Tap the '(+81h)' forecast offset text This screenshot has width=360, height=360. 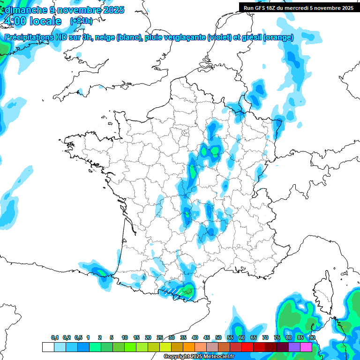click(x=81, y=21)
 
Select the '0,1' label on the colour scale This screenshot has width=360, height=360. click(x=54, y=337)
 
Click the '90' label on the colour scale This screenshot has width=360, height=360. click(x=312, y=337)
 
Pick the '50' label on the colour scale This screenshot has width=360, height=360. click(x=218, y=337)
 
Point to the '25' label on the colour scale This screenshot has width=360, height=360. click(x=160, y=337)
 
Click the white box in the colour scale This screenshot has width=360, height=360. click(x=48, y=347)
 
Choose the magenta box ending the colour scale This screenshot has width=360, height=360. click(x=306, y=347)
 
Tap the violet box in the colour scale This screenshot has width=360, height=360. click(x=294, y=347)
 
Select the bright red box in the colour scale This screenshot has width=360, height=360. click(x=247, y=347)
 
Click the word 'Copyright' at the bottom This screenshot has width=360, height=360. click(x=176, y=357)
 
